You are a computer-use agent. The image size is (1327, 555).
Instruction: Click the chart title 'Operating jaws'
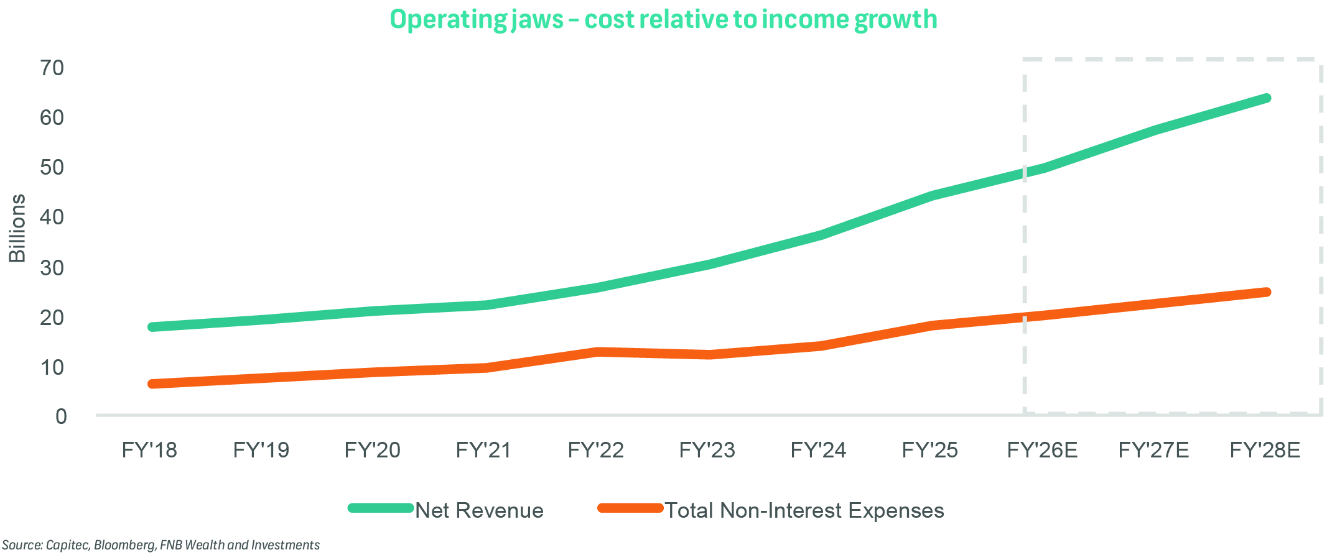click(x=663, y=19)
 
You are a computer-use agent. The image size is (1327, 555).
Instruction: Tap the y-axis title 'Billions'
click(x=17, y=228)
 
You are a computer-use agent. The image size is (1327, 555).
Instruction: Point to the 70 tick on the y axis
click(x=52, y=68)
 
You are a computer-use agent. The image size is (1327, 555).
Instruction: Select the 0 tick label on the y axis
click(x=60, y=416)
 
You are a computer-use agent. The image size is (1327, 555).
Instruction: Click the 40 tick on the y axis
click(x=52, y=217)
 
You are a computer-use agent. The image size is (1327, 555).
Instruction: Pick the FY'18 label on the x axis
click(x=149, y=450)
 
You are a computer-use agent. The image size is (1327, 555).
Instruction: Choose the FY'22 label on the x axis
click(x=595, y=450)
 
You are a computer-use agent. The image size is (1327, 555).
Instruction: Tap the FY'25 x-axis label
click(x=929, y=450)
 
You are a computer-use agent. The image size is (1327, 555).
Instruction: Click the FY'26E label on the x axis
click(x=1042, y=450)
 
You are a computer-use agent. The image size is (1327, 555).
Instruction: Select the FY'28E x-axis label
click(x=1265, y=450)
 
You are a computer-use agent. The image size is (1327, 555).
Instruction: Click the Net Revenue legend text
click(x=479, y=510)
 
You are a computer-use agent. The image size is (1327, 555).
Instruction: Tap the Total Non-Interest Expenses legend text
click(x=804, y=510)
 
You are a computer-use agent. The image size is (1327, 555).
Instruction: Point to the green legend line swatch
click(x=381, y=508)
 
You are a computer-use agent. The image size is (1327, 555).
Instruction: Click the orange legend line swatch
click(x=630, y=508)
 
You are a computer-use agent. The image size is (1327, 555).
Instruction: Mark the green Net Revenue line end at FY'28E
click(x=1266, y=98)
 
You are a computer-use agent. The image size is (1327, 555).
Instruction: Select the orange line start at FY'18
click(x=152, y=383)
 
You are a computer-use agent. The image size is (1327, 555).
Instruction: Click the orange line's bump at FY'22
click(x=597, y=352)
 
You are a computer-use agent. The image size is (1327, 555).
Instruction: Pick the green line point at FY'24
click(x=820, y=235)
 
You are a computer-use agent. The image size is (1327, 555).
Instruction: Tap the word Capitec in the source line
click(x=68, y=545)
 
